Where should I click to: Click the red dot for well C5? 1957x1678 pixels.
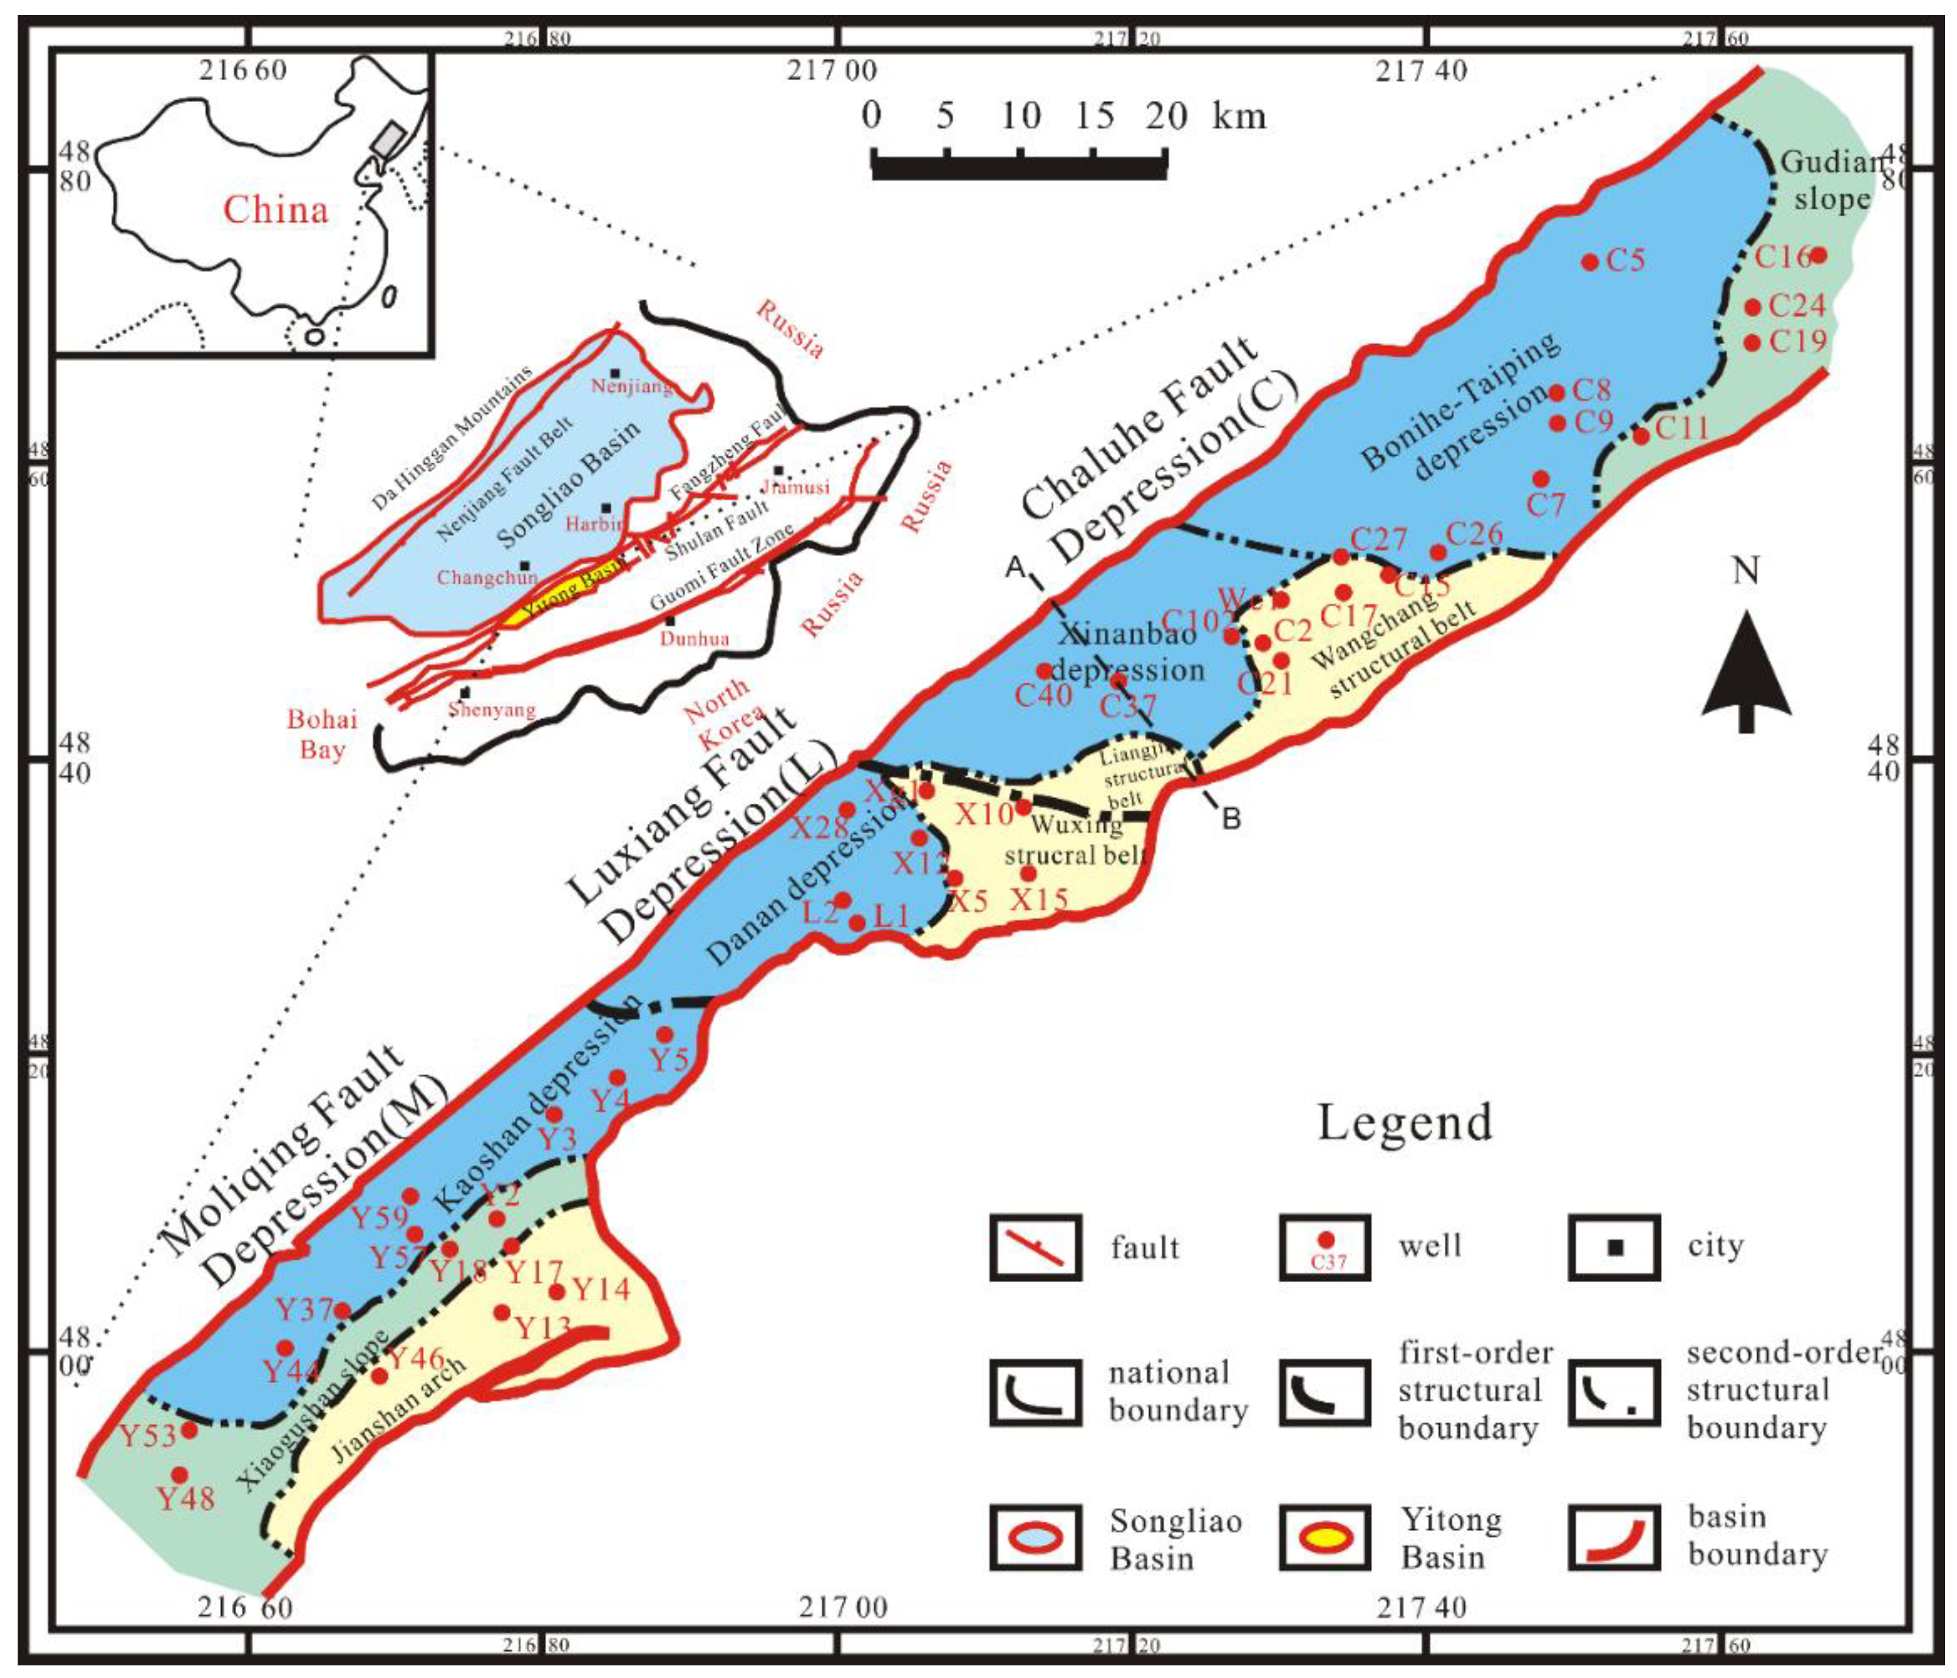[1590, 262]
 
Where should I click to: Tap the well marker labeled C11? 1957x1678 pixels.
[1641, 436]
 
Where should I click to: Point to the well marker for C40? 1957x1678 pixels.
[1043, 671]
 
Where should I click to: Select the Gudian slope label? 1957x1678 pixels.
[1830, 180]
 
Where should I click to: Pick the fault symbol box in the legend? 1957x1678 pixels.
[1035, 1247]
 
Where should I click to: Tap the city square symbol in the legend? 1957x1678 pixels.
[1614, 1247]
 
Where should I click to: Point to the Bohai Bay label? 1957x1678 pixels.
[322, 734]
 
